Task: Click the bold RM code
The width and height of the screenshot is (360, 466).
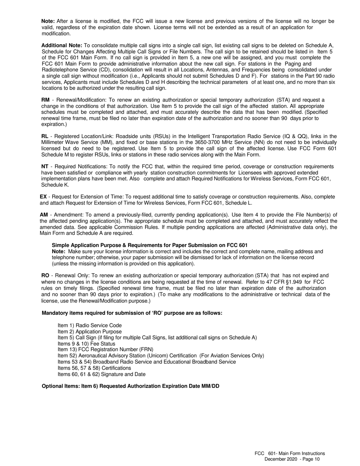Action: tap(45, 100)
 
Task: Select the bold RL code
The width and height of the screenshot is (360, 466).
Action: tap(45, 136)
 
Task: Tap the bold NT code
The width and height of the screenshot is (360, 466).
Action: tap(45, 167)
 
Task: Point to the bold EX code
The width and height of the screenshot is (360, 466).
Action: tap(43, 197)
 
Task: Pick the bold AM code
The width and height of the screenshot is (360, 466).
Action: tap(44, 215)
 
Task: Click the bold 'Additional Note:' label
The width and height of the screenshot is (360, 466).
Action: tap(61, 45)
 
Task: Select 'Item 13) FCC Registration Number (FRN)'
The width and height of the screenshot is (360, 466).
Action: tap(106, 350)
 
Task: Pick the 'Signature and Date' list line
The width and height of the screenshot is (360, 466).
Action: tap(101, 374)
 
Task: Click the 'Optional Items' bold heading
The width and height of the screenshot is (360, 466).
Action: tap(130, 386)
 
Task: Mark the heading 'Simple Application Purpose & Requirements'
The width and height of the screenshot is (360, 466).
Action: tap(149, 246)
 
